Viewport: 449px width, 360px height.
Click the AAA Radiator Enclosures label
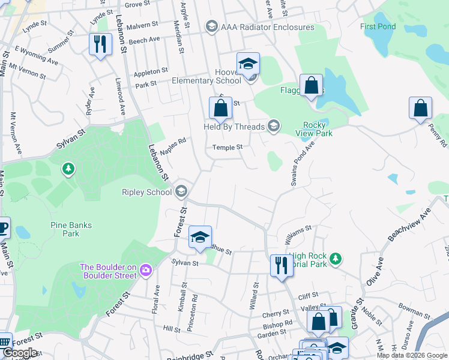pos(268,27)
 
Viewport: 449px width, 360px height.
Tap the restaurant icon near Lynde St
pos(100,44)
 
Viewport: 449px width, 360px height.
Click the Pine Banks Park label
pos(71,229)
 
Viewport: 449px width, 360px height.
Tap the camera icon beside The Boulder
pos(145,271)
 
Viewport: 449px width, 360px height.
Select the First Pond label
pos(377,26)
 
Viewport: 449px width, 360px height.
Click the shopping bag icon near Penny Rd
pos(420,109)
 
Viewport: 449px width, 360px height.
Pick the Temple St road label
pos(228,147)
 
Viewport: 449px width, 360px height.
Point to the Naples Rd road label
pos(173,147)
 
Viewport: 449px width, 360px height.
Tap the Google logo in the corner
pos(20,352)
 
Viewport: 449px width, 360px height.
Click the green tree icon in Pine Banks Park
pos(69,169)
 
